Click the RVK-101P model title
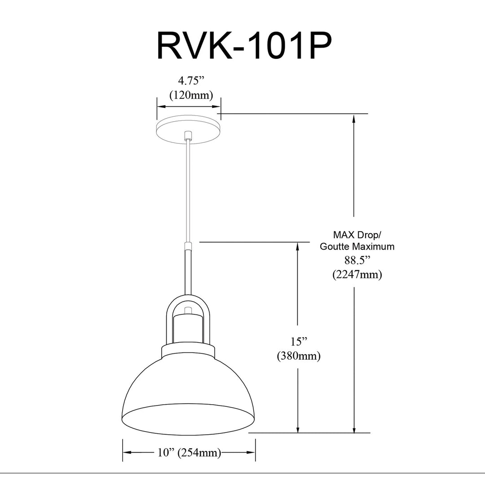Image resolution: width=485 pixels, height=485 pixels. (244, 46)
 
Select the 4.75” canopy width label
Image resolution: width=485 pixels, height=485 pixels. (191, 81)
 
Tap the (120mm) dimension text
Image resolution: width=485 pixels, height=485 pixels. (191, 95)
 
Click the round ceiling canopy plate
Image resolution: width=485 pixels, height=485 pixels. (188, 129)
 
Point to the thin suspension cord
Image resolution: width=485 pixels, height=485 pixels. (188, 192)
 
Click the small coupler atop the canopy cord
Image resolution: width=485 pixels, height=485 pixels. (188, 136)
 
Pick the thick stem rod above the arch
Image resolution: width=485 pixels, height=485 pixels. (188, 272)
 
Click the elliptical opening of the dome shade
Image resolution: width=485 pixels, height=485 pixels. (188, 419)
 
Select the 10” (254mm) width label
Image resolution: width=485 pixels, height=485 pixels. (189, 453)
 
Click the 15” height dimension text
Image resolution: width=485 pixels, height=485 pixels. (299, 341)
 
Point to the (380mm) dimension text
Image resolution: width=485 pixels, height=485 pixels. (299, 356)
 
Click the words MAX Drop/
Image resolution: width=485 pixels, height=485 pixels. (357, 235)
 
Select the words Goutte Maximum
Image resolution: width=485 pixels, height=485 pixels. (357, 247)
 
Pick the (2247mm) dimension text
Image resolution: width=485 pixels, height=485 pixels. (357, 274)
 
